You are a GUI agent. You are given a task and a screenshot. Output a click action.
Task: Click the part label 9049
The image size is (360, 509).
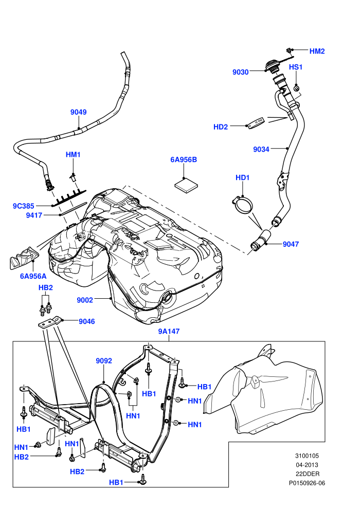pyautogui.click(x=79, y=112)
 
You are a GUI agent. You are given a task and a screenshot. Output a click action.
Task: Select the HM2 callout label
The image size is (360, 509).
pyautogui.click(x=317, y=51)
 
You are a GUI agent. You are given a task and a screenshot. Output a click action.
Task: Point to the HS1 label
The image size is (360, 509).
pyautogui.click(x=295, y=67)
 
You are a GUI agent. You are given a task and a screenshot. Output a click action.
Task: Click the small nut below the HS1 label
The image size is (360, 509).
pyautogui.click(x=296, y=88)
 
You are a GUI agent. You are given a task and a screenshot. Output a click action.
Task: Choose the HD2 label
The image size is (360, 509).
pyautogui.click(x=221, y=127)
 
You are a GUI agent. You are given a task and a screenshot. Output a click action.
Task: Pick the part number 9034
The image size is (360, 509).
pyautogui.click(x=261, y=149)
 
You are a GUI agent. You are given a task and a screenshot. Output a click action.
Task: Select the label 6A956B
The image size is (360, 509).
pyautogui.click(x=184, y=160)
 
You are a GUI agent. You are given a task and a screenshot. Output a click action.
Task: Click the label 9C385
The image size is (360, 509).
pyautogui.click(x=23, y=206)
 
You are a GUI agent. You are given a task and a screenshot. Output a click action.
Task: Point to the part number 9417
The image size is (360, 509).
pyautogui.click(x=34, y=215)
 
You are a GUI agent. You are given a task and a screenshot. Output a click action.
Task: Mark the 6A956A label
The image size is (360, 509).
pyautogui.click(x=33, y=276)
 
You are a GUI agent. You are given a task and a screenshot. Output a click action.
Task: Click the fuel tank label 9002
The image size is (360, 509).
pyautogui.click(x=85, y=300)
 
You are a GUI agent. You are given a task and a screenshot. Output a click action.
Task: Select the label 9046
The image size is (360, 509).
pyautogui.click(x=87, y=321)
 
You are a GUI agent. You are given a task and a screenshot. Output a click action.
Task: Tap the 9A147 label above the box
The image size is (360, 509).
pyautogui.click(x=169, y=332)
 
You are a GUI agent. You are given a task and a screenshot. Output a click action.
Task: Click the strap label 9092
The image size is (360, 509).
pyautogui.click(x=104, y=360)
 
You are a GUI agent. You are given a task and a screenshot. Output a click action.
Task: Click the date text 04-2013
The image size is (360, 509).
pyautogui.click(x=307, y=465)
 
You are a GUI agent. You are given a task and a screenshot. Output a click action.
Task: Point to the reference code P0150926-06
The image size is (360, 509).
pyautogui.click(x=307, y=483)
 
